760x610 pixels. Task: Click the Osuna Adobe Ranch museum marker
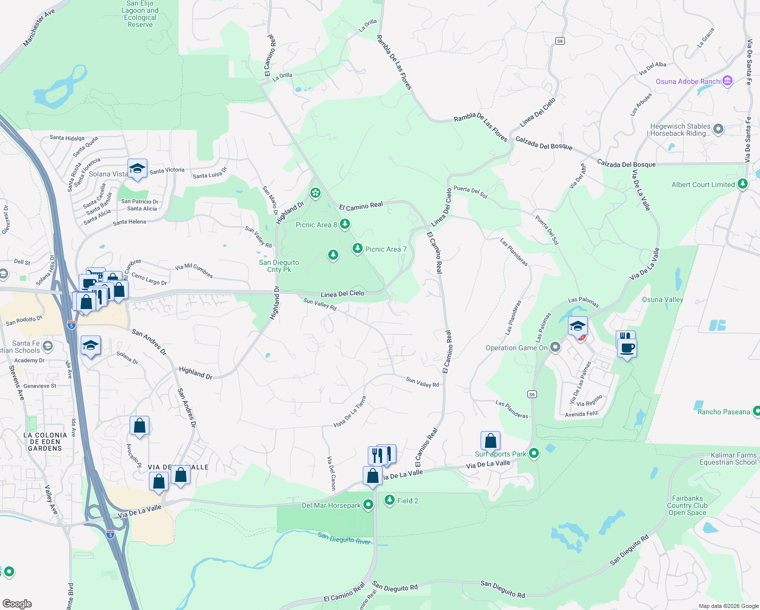727,81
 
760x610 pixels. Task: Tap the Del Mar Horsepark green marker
368,505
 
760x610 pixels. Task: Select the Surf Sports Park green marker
533,453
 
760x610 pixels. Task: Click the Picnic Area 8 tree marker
345,224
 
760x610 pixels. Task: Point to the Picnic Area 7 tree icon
358,248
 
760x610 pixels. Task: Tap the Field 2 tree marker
390,500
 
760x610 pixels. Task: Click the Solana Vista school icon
137,168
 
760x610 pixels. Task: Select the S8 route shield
560,41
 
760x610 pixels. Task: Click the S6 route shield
532,394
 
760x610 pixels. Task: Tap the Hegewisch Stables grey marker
718,129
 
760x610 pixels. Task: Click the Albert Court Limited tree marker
743,184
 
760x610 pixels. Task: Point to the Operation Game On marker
555,347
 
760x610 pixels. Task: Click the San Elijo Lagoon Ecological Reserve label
140,14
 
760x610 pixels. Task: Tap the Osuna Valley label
662,299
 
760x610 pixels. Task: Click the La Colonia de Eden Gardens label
45,442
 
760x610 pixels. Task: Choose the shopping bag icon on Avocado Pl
139,426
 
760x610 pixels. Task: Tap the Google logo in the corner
17,603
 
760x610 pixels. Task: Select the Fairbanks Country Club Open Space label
687,505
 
